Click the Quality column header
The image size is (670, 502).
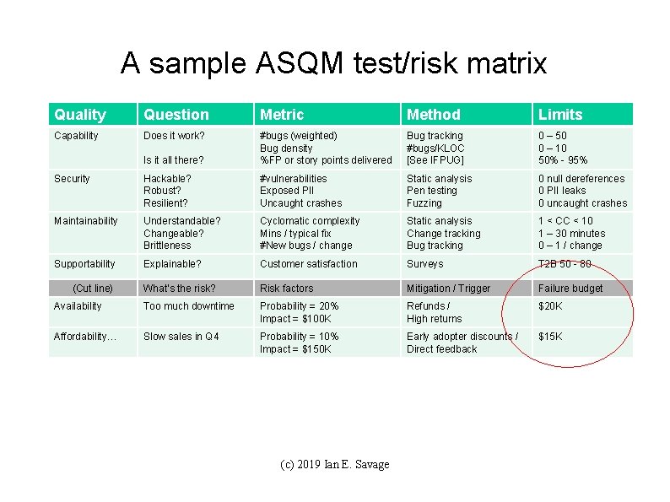pos(80,115)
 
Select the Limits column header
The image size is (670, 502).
pos(560,115)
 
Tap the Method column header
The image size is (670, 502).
pos(434,115)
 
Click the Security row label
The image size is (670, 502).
pos(73,179)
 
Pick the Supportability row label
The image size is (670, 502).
pos(84,264)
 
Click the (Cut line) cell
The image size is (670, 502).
pos(93,289)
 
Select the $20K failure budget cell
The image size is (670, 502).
pos(550,306)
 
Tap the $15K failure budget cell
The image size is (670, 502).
pos(550,337)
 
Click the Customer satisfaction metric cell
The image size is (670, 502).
pos(308,264)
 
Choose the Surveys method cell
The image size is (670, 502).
pos(424,264)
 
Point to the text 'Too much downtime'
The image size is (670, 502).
pos(189,306)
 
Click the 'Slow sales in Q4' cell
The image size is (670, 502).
pos(181,337)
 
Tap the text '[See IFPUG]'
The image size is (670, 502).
pos(435,160)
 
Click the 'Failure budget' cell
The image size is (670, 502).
pos(570,289)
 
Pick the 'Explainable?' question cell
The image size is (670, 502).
pos(172,264)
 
